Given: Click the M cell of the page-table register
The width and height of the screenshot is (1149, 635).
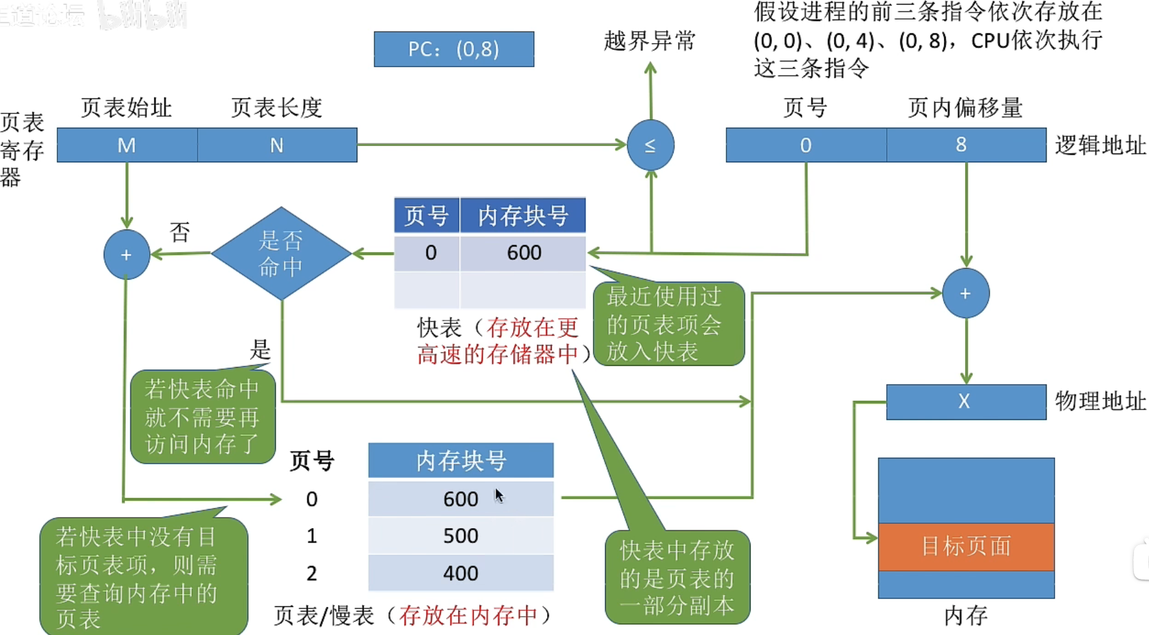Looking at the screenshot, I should pos(127,145).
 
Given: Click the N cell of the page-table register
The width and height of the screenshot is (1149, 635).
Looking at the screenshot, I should pos(277,145).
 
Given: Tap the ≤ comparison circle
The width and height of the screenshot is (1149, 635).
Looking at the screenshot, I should pos(650,145).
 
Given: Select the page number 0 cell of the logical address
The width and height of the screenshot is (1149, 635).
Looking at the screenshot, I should pos(806,145).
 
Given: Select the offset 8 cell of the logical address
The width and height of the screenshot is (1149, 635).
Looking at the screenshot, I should pos(965,145).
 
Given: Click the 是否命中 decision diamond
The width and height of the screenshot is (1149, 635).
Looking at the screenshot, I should pos(281,254).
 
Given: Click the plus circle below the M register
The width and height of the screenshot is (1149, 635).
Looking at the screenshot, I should pos(127,254).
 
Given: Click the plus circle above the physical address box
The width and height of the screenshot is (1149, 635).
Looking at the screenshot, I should pos(965,293).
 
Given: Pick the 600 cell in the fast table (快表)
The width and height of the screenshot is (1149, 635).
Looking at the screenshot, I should pos(523,253).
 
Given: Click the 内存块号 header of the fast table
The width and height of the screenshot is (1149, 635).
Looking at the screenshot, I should pos(523,216).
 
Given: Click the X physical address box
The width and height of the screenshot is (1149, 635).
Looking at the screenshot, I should pos(965,402).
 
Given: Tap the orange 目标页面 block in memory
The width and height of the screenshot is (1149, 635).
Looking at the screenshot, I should pos(965,546).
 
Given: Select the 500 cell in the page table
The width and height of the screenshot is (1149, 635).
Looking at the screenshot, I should pos(460,536).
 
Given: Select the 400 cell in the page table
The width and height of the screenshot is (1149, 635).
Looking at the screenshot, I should pos(460,574).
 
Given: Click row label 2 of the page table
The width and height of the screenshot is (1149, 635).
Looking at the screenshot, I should pos(312,574).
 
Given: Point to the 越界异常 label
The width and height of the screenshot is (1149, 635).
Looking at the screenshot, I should pos(649,41).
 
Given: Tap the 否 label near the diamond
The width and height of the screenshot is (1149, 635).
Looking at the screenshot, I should pos(180,231).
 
